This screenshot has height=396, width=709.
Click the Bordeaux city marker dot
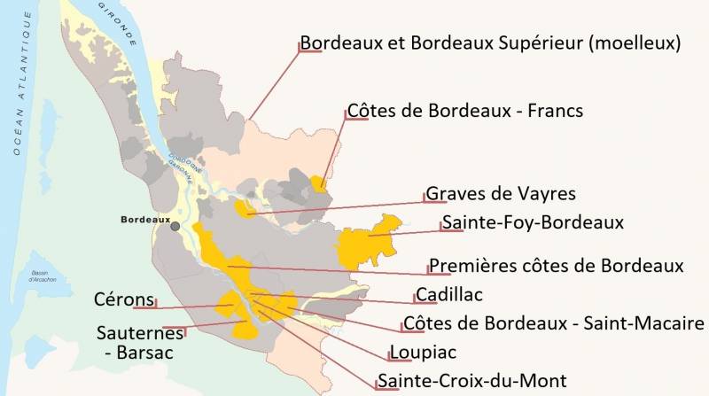(175, 227)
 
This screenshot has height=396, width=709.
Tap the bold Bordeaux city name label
(145, 219)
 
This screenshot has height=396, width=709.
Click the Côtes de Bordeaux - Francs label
(465, 112)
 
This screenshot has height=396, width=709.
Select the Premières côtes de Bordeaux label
(557, 266)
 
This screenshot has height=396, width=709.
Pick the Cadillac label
(449, 294)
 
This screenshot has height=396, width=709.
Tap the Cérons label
(123, 299)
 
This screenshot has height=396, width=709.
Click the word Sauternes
(141, 333)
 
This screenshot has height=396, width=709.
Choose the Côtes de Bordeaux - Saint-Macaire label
(554, 322)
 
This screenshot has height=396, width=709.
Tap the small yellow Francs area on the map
(318, 182)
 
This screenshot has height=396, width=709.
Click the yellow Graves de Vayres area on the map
(241, 208)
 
